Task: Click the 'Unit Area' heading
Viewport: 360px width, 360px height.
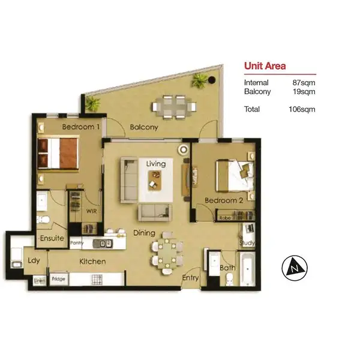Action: pos(265,67)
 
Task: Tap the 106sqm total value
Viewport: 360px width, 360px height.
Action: pos(302,109)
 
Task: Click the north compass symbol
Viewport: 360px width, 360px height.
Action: pos(294,265)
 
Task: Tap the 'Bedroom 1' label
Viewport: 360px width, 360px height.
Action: pos(81,127)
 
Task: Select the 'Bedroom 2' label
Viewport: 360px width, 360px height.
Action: pos(223,200)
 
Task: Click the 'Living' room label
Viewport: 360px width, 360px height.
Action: pos(156,163)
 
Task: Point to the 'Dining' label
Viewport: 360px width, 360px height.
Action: pos(145,233)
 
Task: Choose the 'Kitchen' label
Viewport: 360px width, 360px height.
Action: pos(92,262)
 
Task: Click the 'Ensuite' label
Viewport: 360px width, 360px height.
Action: pos(52,238)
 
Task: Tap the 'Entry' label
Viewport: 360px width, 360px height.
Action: pos(190,277)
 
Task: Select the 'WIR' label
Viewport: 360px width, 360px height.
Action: pos(92,211)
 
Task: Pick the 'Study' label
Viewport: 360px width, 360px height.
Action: pos(248,243)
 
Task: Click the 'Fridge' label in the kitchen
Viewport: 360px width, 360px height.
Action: pos(58,279)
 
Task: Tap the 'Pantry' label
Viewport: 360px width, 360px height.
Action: pos(76,243)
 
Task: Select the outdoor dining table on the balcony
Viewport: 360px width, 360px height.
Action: pos(174,106)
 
